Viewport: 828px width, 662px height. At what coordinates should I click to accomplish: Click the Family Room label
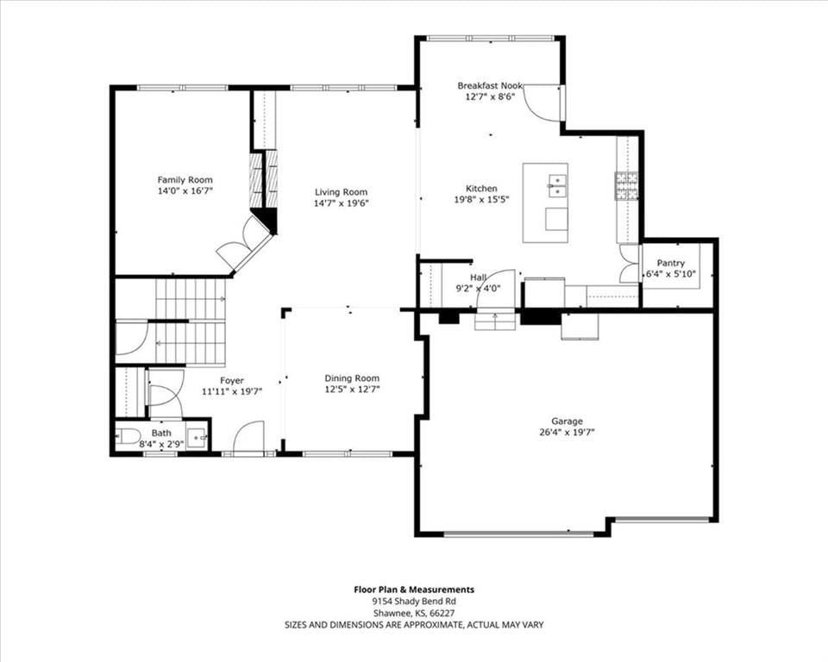click(x=185, y=180)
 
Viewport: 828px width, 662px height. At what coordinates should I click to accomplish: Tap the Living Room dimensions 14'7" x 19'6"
click(x=342, y=203)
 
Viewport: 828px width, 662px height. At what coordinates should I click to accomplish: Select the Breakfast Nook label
click(x=490, y=85)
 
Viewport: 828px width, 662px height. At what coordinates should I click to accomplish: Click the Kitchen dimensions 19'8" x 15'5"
click(x=481, y=200)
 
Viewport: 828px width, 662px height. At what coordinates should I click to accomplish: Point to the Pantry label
click(x=671, y=263)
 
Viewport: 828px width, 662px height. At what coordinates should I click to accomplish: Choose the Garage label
click(x=568, y=422)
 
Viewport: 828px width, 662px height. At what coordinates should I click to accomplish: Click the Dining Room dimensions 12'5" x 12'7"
click(x=352, y=390)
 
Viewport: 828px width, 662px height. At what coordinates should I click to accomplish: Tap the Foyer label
click(x=232, y=381)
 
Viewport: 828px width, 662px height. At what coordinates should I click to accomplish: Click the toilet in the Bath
click(x=128, y=436)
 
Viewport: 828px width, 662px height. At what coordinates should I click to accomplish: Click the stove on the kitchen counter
click(x=626, y=186)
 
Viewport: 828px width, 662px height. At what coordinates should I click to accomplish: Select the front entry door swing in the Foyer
click(x=248, y=435)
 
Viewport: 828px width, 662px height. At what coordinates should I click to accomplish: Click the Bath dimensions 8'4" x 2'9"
click(x=161, y=445)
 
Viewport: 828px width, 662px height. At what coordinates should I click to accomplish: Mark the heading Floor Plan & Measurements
click(x=414, y=590)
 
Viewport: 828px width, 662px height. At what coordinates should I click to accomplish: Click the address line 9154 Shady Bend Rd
click(x=414, y=602)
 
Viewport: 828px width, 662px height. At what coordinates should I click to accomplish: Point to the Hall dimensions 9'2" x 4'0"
click(x=478, y=288)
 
